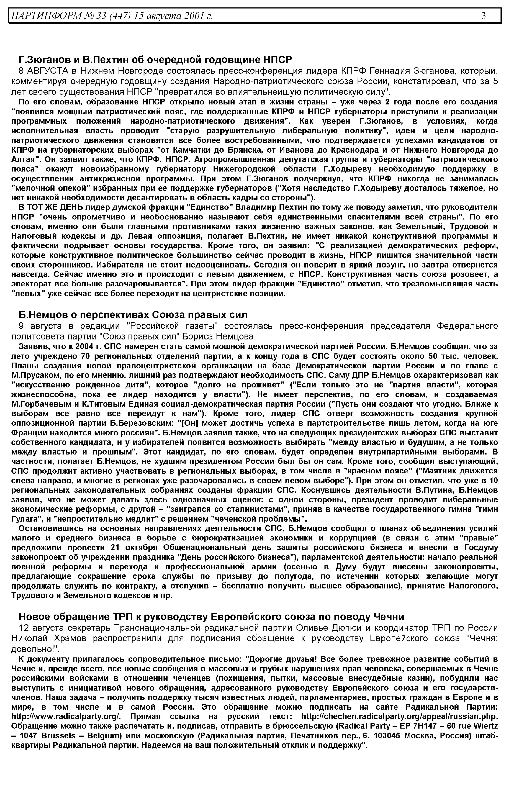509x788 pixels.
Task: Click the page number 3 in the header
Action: point(484,15)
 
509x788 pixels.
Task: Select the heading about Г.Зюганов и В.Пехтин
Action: point(155,60)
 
